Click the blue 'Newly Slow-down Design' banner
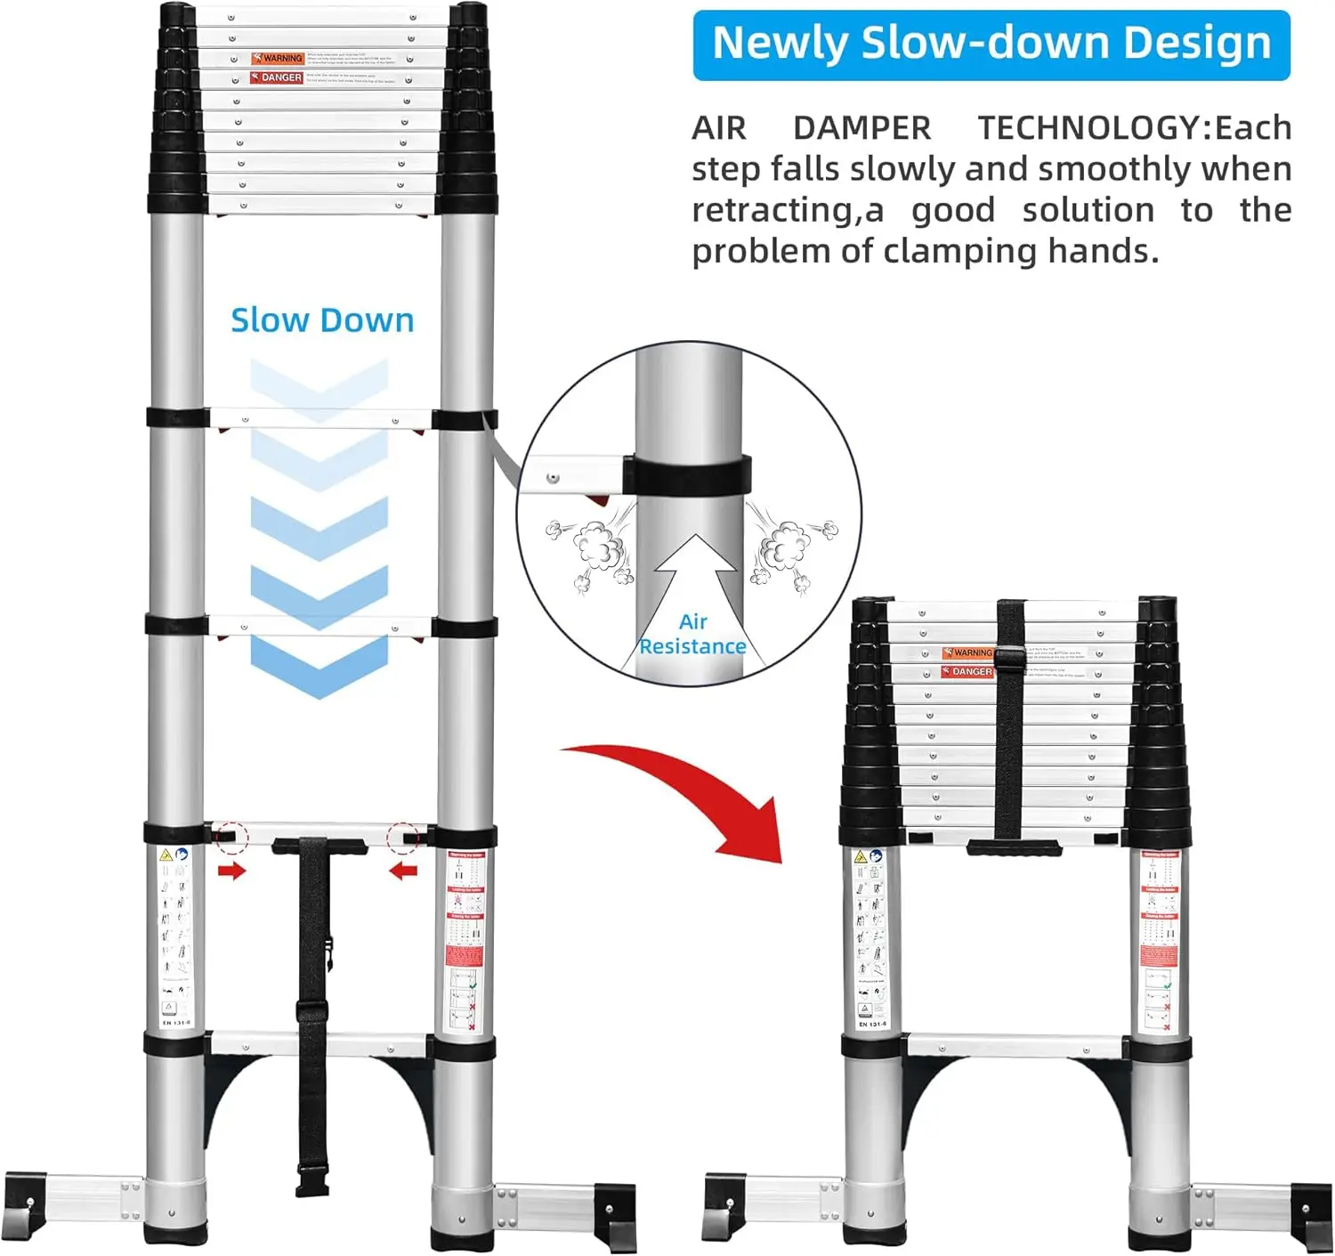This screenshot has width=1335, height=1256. (x=991, y=45)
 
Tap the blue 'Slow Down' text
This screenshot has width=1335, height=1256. (x=322, y=320)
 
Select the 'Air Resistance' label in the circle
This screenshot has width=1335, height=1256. (x=692, y=635)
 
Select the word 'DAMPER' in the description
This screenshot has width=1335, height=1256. (x=862, y=128)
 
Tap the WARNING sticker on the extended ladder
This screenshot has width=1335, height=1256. (x=277, y=58)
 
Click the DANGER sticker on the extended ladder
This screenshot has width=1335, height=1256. (x=277, y=77)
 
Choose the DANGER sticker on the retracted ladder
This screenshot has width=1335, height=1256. (x=967, y=671)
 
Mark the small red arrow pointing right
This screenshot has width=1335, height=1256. (x=231, y=871)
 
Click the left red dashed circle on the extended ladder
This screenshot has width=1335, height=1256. (x=231, y=836)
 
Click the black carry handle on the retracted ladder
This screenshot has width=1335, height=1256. (x=1015, y=847)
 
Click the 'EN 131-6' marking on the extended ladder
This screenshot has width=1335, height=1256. (x=176, y=1023)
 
